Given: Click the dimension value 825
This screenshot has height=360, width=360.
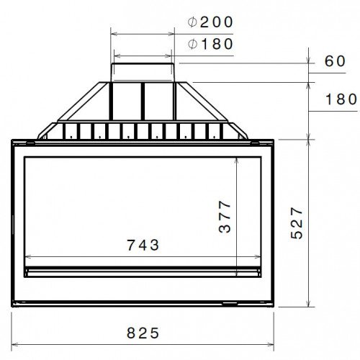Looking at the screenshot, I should tap(143, 333).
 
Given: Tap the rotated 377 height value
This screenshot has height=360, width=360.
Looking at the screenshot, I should tap(225, 216).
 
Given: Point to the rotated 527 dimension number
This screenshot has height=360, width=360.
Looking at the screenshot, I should tap(297, 223).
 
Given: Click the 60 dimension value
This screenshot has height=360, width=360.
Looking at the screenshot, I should tap(335, 61).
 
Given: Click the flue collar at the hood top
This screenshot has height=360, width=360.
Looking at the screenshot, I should tap(143, 71).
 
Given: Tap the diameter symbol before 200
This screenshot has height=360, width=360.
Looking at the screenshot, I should tap(192, 22).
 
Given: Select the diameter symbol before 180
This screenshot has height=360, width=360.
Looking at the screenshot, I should tap(192, 45).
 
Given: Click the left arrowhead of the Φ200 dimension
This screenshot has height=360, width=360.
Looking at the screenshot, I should tap(112, 32).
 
